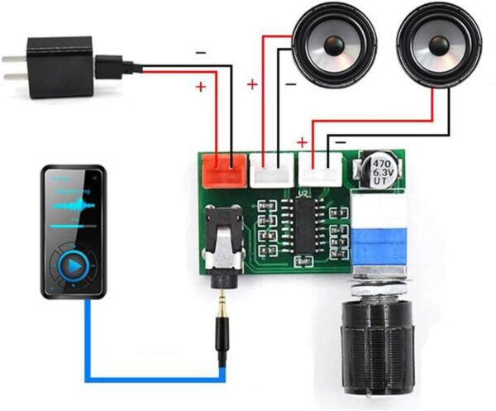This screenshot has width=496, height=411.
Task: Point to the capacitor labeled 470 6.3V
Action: click(x=382, y=170)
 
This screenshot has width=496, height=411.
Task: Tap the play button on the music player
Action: click(x=74, y=267)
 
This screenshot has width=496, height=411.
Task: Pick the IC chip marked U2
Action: click(x=304, y=225)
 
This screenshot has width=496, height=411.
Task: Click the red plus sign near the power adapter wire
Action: click(x=201, y=86)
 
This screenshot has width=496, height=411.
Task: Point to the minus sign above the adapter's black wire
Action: click(x=201, y=51)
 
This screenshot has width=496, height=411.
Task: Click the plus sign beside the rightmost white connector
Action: click(x=303, y=142)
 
